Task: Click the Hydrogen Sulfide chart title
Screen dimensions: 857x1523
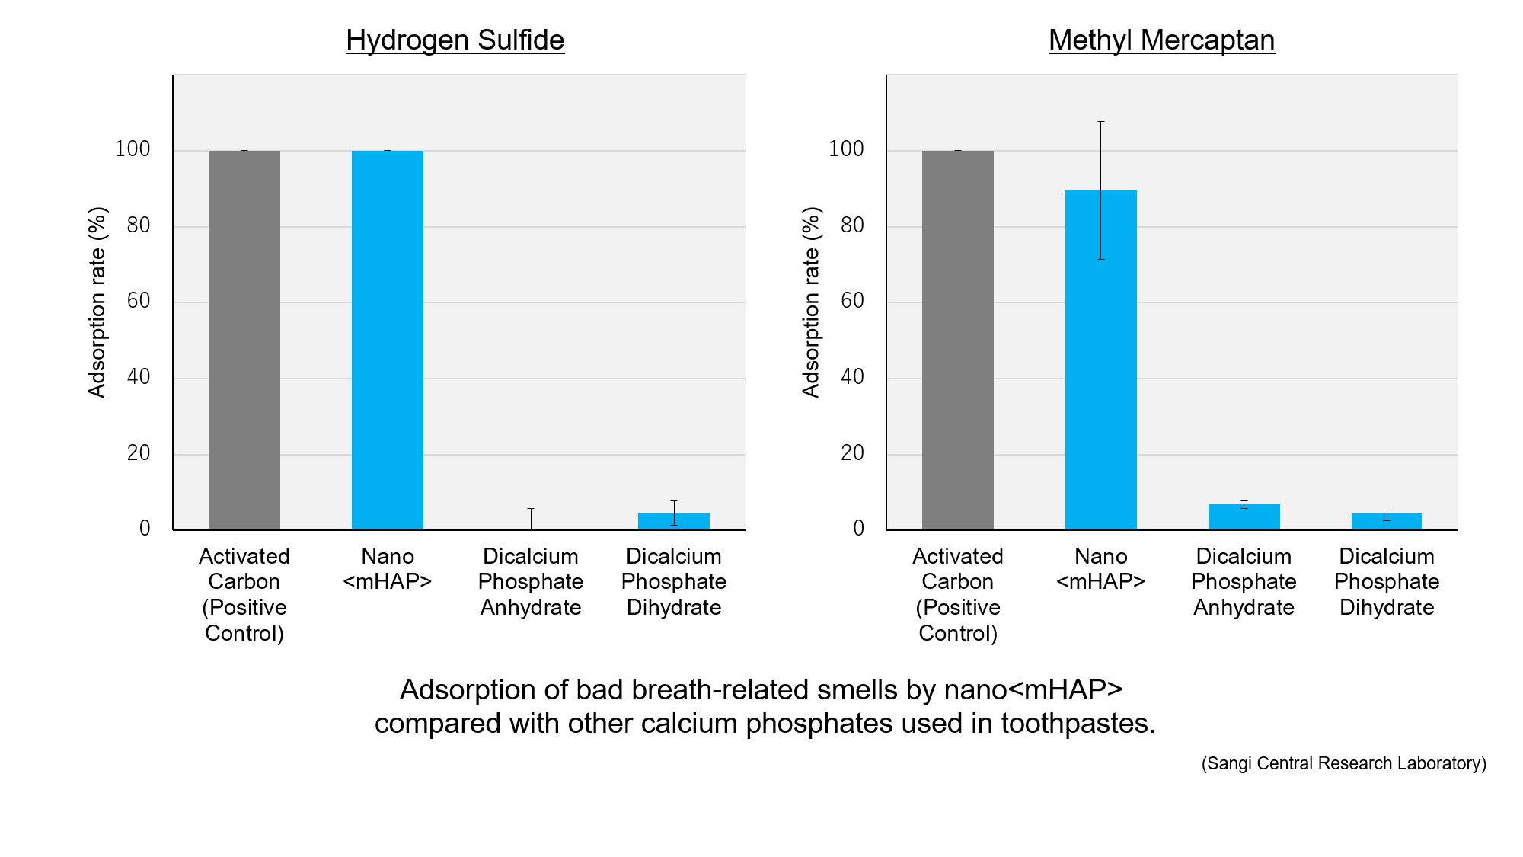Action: tap(455, 40)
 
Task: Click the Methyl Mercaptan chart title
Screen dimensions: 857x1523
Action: tap(1161, 40)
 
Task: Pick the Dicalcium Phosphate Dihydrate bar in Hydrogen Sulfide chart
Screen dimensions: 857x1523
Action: tap(673, 522)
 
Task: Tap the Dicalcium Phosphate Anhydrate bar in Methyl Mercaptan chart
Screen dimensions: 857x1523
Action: tap(1244, 517)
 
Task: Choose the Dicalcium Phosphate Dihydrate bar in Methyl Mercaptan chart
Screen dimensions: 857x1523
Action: tap(1386, 522)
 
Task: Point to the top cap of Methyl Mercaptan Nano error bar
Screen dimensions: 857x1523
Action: tap(1101, 122)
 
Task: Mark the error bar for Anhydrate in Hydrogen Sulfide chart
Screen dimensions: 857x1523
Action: tap(531, 518)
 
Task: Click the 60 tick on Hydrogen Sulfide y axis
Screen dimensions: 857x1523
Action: tap(139, 301)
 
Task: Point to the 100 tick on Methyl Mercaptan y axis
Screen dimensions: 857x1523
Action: tap(846, 149)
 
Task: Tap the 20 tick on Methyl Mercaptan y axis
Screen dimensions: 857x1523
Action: tap(852, 453)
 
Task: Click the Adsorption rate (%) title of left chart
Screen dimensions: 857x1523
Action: tap(97, 302)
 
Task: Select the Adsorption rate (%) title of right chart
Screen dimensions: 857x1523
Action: tap(811, 302)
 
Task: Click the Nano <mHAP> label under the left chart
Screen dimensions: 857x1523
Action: tap(388, 568)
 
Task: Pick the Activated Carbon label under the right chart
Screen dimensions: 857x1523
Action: tap(957, 568)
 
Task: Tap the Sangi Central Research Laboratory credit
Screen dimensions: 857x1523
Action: tap(1343, 763)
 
